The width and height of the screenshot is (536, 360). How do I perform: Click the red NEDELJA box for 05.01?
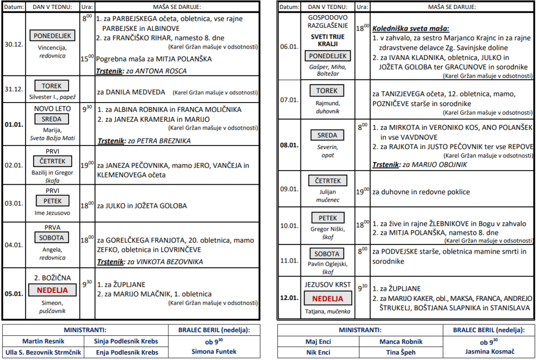52,289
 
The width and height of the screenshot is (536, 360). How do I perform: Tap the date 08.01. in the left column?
289,145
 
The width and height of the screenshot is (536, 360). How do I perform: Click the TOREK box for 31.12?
52,85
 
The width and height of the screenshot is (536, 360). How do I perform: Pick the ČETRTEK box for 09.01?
328,181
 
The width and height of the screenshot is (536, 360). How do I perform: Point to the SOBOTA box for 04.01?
52,238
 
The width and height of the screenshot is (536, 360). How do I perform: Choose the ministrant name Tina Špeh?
400,352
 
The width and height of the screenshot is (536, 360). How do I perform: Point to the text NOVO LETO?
52,109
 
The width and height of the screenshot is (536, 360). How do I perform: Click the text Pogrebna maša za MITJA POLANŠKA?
154,59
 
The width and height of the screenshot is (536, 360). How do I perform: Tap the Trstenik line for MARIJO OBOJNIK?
419,165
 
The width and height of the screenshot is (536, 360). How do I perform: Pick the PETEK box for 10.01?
328,218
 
